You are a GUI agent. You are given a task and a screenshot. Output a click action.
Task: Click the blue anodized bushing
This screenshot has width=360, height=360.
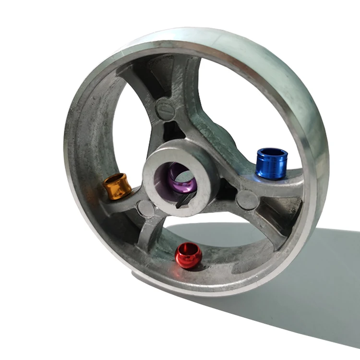[272, 163]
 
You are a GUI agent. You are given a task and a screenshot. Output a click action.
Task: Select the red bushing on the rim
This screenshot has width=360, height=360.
[188, 255]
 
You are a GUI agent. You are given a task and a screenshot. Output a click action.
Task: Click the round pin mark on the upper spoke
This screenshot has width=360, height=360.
[165, 109]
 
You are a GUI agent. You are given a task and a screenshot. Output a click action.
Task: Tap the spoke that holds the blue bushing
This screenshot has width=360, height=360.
[245, 178]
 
